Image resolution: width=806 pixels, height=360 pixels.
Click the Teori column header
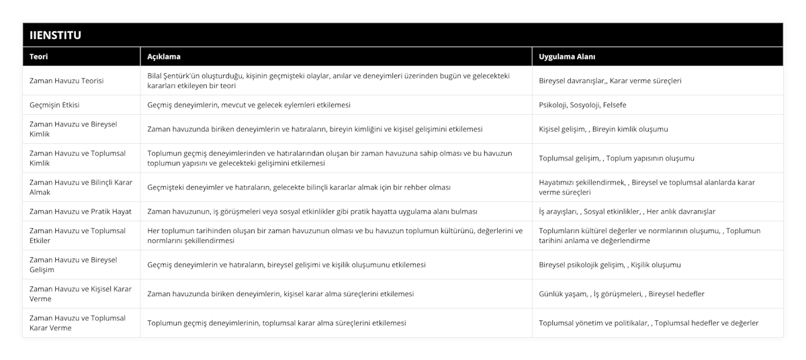(38, 56)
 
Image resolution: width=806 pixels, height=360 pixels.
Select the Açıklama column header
(163, 56)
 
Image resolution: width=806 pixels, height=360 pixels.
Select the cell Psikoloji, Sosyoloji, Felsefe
(582, 105)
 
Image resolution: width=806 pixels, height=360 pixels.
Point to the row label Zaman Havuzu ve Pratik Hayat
(80, 211)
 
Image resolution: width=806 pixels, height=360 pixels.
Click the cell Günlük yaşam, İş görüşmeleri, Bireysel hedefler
(621, 294)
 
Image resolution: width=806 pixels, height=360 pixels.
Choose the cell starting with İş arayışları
(627, 211)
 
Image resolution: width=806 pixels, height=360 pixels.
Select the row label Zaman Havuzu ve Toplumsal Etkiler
(78, 235)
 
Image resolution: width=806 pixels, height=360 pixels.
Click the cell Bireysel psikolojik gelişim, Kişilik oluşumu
(609, 265)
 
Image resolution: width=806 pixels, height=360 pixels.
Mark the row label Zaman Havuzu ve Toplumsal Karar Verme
(78, 322)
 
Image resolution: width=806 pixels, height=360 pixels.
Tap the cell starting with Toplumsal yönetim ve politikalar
(648, 322)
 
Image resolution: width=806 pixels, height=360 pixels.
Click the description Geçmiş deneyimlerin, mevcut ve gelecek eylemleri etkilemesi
(249, 105)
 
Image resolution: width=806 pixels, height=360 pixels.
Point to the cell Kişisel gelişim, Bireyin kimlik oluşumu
(603, 129)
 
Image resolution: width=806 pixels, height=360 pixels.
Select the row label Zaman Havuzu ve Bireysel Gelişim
(74, 265)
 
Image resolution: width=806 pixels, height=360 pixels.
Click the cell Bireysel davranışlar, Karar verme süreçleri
(610, 81)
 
